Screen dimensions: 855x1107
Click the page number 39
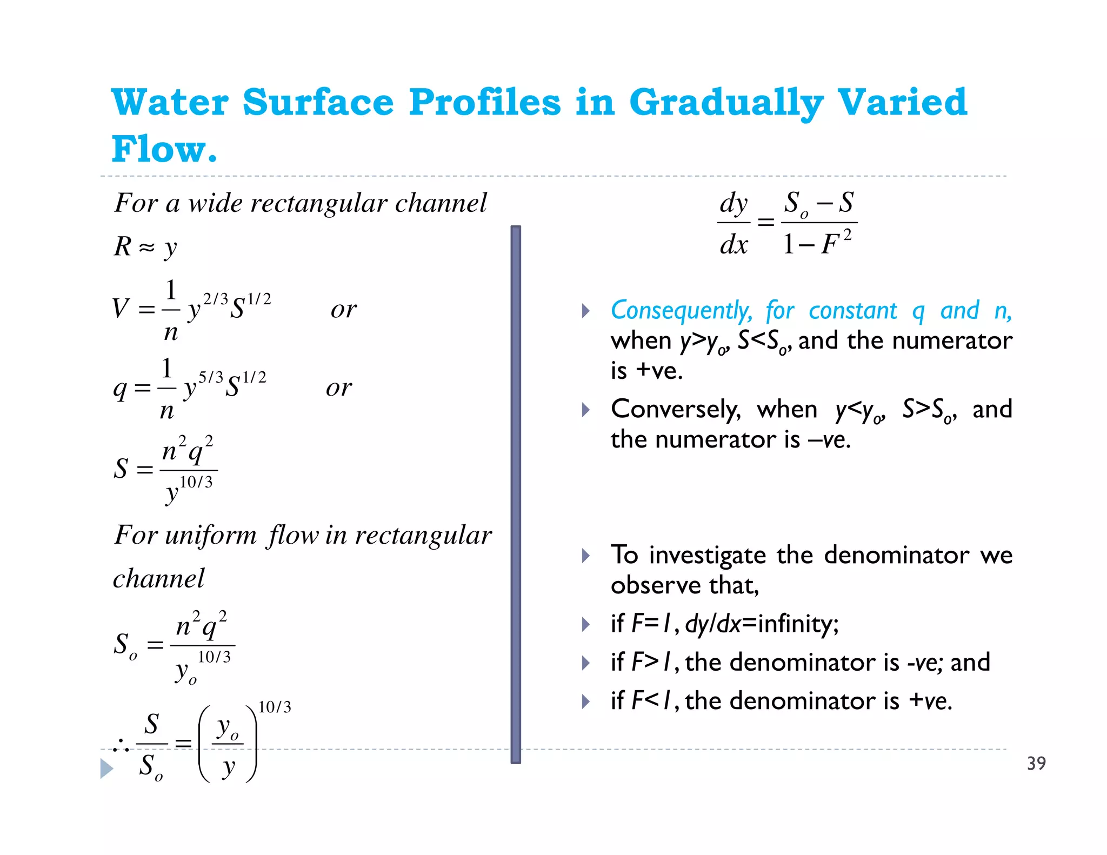(1036, 763)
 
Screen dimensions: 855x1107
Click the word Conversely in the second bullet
(675, 409)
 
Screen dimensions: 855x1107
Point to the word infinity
(798, 624)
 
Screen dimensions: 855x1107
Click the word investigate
(707, 555)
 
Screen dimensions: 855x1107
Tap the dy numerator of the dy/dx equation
(733, 204)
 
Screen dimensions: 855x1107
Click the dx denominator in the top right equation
(733, 244)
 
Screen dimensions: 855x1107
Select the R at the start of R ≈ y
(123, 246)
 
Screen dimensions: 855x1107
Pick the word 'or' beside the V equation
(344, 309)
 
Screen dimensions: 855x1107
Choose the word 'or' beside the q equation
(339, 388)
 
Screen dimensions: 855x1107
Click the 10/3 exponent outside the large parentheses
(275, 707)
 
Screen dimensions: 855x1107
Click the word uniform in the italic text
(211, 535)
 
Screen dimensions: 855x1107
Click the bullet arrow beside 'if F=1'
(585, 624)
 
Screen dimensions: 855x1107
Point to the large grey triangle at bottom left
(106, 768)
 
